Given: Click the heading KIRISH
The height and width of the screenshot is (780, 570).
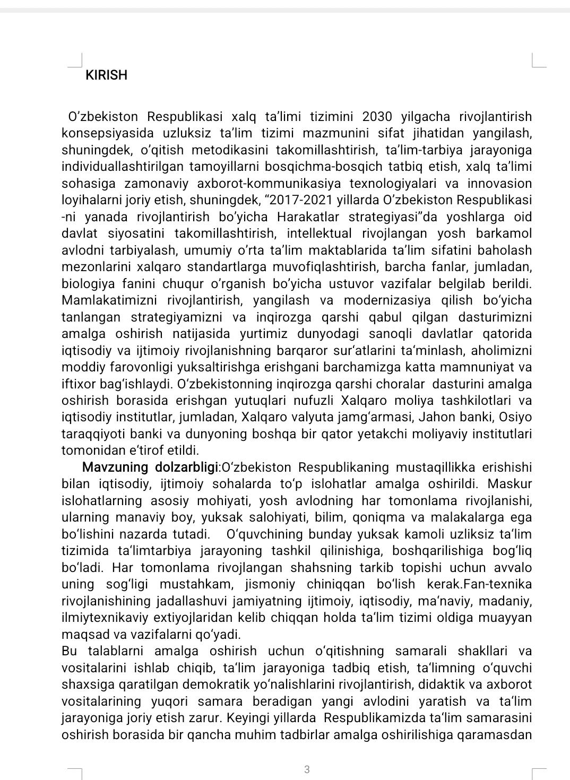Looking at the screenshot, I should pos(106,75).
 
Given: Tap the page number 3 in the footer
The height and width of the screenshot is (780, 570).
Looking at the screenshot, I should pos(307,769).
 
